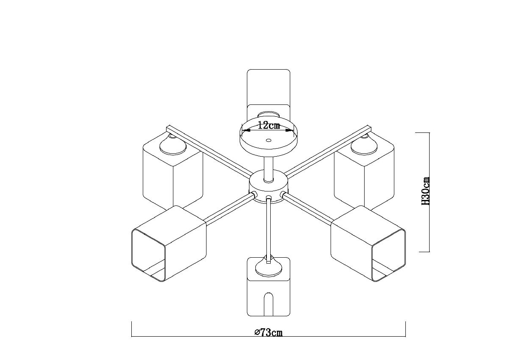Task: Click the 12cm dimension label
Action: [x=269, y=126]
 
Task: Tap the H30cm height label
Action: [x=425, y=191]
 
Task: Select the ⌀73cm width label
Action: [x=268, y=332]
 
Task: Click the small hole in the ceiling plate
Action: [x=268, y=140]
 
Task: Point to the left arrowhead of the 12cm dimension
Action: [x=246, y=130]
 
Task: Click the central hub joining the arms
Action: [x=268, y=186]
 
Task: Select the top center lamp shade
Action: [x=269, y=94]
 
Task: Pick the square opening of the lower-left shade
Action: [x=149, y=255]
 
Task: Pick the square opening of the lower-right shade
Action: [x=388, y=255]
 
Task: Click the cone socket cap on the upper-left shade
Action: [x=173, y=145]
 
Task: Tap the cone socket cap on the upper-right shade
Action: [x=364, y=145]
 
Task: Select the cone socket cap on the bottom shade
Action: [x=269, y=267]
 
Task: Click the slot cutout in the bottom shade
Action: [x=269, y=304]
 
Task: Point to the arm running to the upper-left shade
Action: [x=209, y=151]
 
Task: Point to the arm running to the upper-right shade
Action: [x=328, y=151]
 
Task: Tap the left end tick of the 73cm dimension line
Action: [x=131, y=329]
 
